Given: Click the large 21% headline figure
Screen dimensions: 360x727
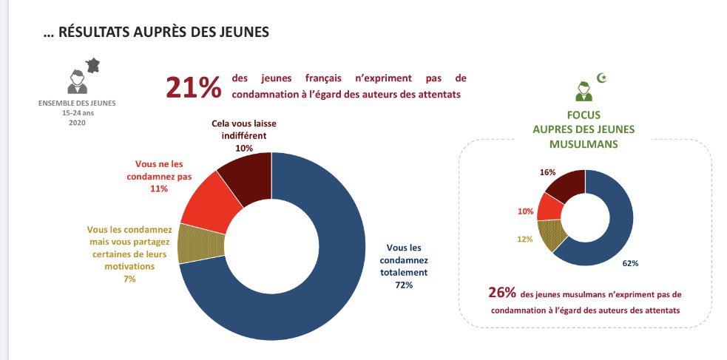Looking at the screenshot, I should point(193,87).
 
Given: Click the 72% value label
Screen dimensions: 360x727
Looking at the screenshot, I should point(404,285).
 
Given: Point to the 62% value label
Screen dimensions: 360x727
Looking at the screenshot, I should point(629,262).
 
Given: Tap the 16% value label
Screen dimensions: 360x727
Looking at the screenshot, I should point(548,172).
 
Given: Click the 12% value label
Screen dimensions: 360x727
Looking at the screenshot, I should point(524,239).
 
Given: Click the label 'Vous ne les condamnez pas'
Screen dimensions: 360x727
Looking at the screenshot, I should point(159,171).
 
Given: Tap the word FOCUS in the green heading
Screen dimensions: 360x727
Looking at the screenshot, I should point(583,115).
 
